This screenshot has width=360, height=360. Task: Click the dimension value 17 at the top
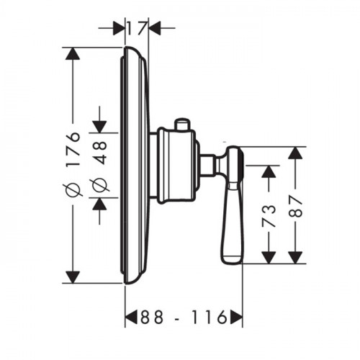[x=137, y=28]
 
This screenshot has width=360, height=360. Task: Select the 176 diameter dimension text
[x=73, y=148]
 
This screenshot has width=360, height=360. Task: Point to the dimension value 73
[x=269, y=216]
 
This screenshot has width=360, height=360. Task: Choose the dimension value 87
[x=295, y=207]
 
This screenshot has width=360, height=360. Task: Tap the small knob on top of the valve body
[x=182, y=125]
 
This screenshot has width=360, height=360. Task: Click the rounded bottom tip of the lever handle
[x=232, y=260]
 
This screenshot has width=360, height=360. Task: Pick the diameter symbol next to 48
[x=101, y=185]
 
